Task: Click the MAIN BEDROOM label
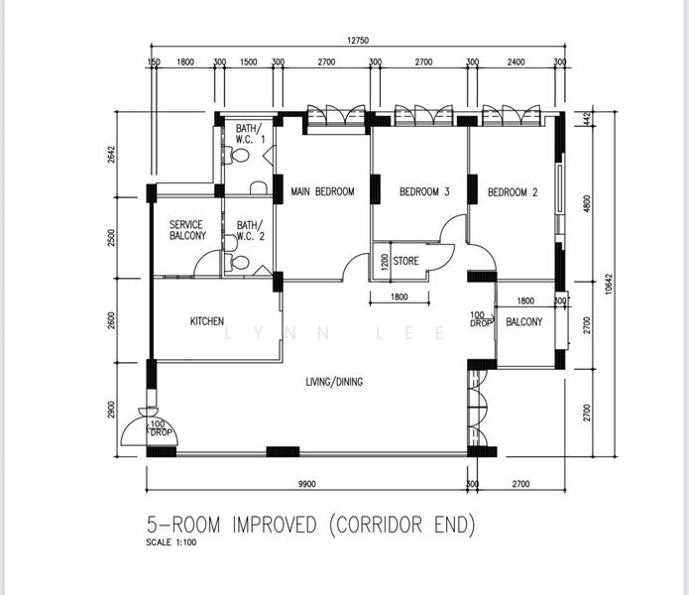point(322,191)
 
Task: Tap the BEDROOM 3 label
point(424,191)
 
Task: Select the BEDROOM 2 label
point(513,192)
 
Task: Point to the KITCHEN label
point(207,321)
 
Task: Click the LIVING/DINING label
point(334,382)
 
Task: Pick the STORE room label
point(405,261)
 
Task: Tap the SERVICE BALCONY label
point(187,230)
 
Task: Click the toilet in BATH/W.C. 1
point(236,155)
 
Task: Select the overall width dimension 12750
point(358,41)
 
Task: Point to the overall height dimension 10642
point(608,284)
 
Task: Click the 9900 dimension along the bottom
point(307,484)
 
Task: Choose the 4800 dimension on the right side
point(587,203)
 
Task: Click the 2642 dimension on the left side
point(111,155)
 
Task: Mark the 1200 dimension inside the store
point(385,263)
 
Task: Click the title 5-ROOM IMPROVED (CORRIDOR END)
point(311,525)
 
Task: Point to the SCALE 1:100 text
point(172,542)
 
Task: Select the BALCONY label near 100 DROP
point(524,321)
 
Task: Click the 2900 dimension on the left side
point(111,410)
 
